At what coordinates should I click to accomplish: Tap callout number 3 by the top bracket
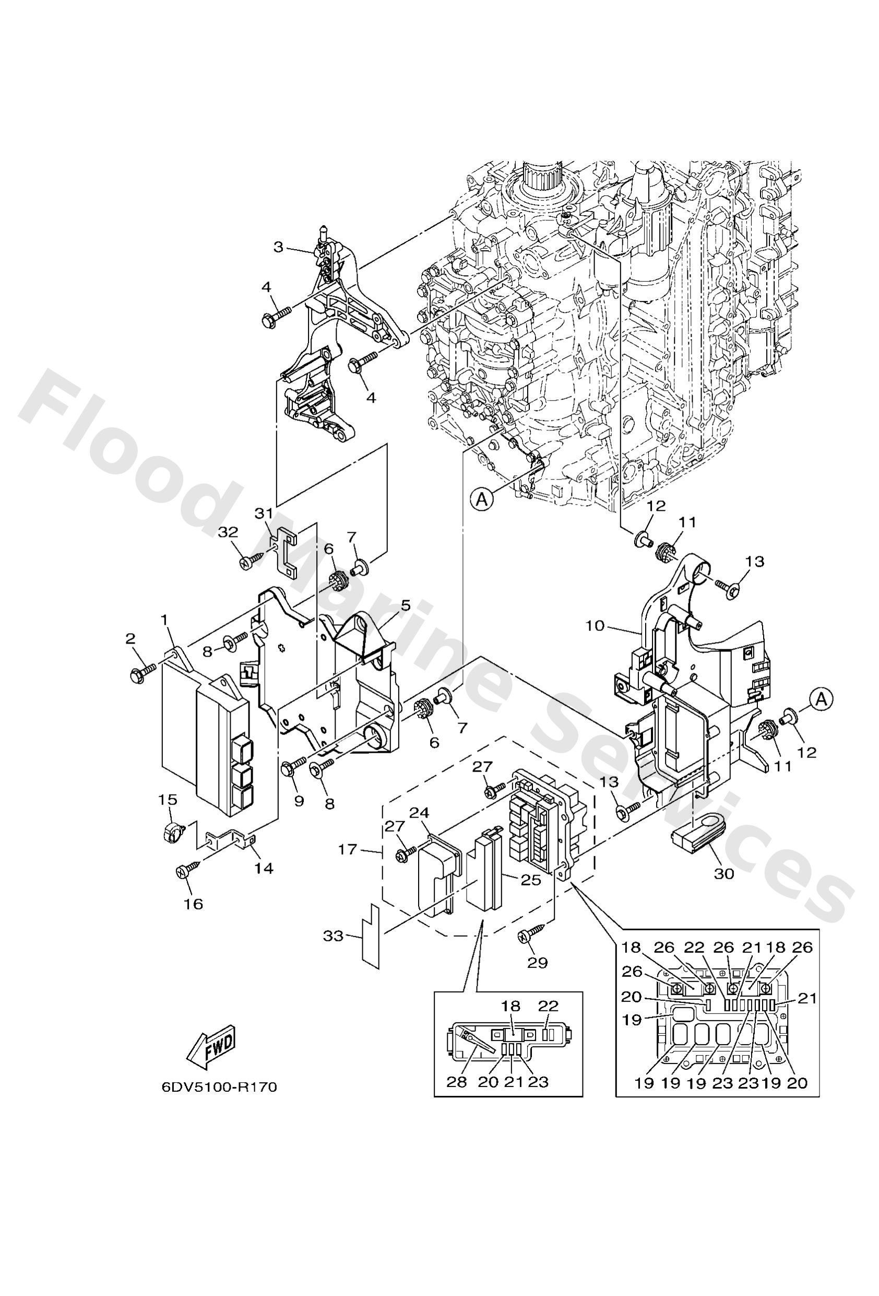tap(279, 247)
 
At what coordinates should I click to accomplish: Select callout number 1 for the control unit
tap(164, 620)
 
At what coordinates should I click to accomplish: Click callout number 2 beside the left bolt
tap(130, 638)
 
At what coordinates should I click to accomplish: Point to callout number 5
tap(405, 605)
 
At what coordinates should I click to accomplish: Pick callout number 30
tap(724, 890)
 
